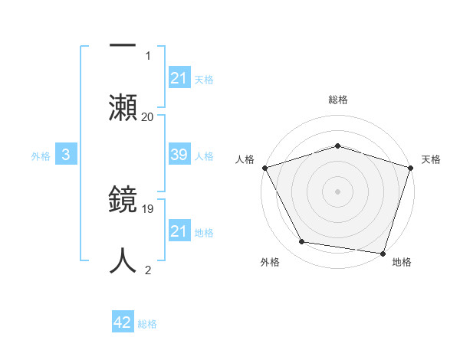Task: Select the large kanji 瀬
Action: (123, 105)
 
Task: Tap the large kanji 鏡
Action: (123, 201)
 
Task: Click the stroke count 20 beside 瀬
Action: (147, 116)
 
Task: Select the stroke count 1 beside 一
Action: (148, 55)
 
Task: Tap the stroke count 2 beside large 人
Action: (148, 270)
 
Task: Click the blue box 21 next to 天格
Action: (179, 77)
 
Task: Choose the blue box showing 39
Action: (179, 155)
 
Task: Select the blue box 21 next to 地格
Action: (179, 231)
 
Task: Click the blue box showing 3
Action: (66, 155)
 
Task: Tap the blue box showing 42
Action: (123, 322)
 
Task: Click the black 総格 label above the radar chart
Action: (338, 100)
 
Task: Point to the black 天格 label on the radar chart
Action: (432, 159)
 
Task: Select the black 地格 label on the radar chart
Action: (402, 262)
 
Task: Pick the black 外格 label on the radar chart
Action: (270, 262)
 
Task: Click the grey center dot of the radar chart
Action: (338, 191)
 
